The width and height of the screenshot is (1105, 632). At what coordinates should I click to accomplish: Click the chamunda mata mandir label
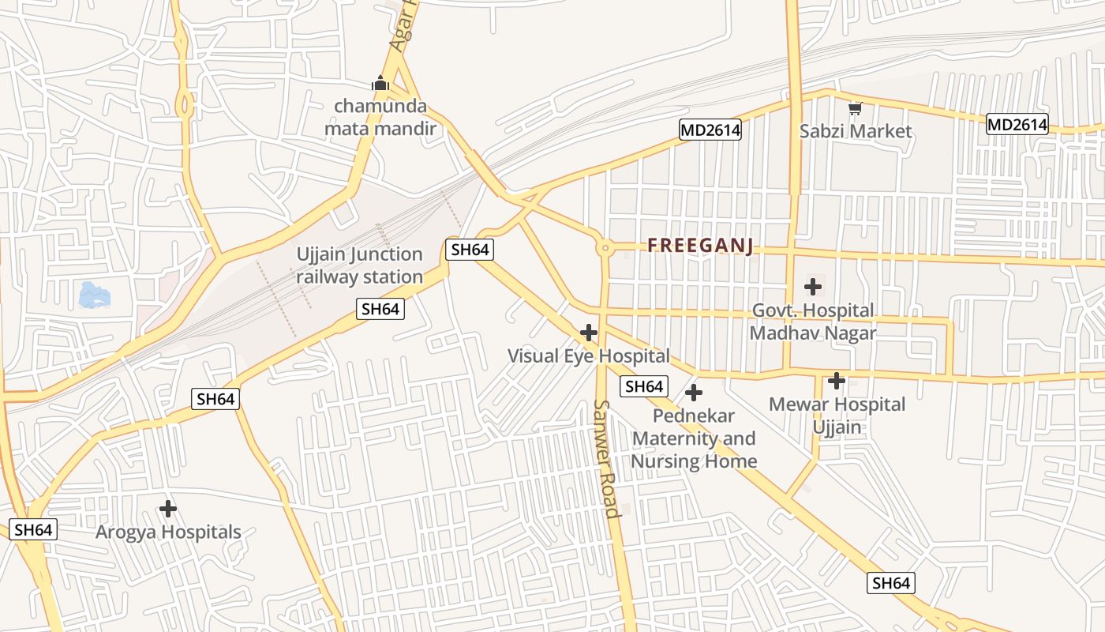tap(380, 117)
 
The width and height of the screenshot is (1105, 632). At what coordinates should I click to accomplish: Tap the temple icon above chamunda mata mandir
tap(380, 83)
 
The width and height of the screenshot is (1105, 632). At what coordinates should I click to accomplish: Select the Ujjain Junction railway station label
tap(360, 265)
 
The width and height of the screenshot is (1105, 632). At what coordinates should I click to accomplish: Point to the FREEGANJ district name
tap(700, 246)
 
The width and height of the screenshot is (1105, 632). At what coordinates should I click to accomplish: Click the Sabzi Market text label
tap(856, 131)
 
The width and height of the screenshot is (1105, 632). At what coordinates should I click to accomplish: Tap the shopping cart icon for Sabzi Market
tap(855, 108)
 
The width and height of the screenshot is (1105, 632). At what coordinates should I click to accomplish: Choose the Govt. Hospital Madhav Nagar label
tap(812, 322)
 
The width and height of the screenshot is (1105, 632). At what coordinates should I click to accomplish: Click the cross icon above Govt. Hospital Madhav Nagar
tap(813, 287)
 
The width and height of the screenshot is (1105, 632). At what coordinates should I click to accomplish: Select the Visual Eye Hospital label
tap(588, 355)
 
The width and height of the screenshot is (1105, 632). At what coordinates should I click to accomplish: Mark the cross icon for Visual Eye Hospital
tap(589, 333)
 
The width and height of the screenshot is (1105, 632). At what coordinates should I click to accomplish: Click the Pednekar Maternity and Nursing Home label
tap(694, 438)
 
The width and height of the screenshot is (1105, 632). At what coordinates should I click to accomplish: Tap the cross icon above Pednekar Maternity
tap(694, 393)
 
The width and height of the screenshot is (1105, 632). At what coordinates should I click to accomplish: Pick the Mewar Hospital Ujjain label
tap(837, 416)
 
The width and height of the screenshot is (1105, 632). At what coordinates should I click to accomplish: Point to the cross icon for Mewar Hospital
tap(837, 382)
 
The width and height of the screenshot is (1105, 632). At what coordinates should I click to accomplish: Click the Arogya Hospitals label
tap(168, 532)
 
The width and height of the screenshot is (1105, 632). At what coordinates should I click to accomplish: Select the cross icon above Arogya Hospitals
tap(168, 509)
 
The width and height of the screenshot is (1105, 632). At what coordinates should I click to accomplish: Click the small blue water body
tap(95, 295)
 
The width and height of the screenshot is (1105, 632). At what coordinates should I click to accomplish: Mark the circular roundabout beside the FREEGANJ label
tap(605, 247)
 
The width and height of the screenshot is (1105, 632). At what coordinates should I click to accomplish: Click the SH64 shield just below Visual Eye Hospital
tap(643, 386)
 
